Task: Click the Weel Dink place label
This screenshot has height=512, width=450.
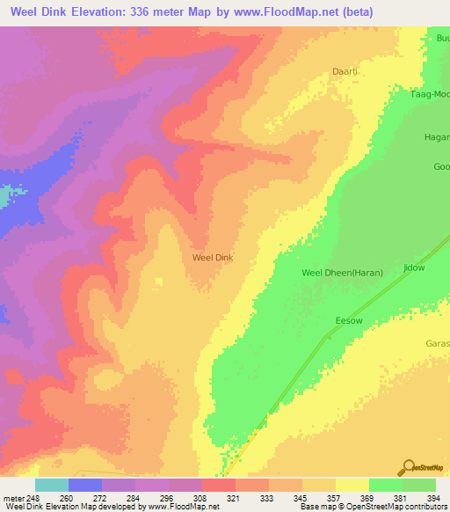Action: pos(213,258)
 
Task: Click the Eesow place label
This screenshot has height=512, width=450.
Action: pos(349,322)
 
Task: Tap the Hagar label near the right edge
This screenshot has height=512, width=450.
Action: pos(437,136)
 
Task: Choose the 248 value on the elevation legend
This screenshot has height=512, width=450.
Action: pos(33,498)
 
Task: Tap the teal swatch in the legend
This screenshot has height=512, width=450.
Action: pos(52,485)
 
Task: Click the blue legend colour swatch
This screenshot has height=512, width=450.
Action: pos(85,485)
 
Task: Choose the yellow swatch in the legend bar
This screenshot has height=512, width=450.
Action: pos(352,485)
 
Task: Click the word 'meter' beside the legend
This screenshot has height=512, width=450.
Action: pos(11,498)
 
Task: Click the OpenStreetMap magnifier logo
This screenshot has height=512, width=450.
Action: pos(409,468)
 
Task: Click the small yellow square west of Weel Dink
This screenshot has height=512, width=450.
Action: pos(159,282)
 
